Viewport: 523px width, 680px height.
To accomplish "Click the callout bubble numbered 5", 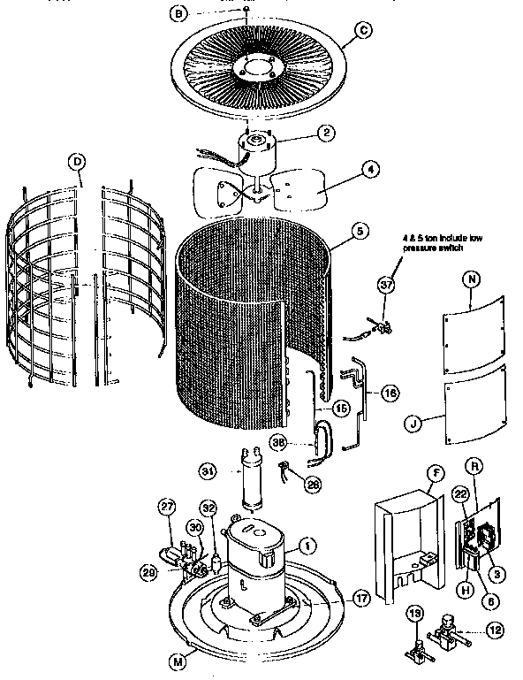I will [x=358, y=232].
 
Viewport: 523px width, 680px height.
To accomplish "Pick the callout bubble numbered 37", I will [x=384, y=284].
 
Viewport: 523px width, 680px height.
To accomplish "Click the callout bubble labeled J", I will [x=413, y=422].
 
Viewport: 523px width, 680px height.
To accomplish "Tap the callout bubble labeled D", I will [x=79, y=161].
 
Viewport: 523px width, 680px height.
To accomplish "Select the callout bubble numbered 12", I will [x=494, y=631].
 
